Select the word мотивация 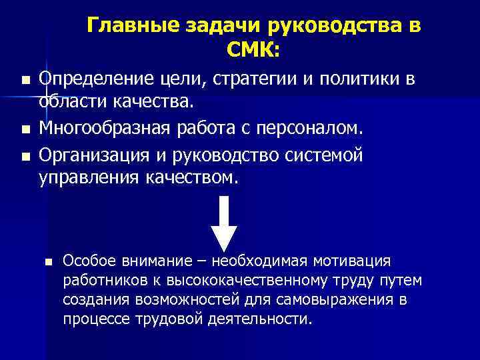click(x=360, y=259)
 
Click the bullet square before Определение click(x=25, y=81)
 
